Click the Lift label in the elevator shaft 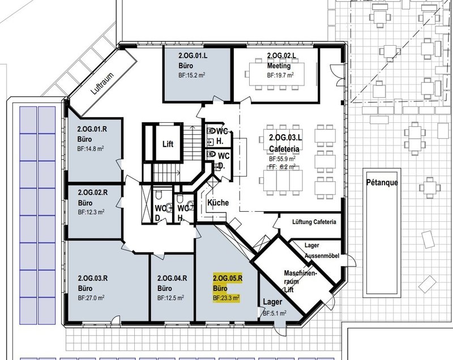pyautogui.click(x=168, y=144)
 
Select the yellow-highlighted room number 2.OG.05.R pyautogui.click(x=228, y=278)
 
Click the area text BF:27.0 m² pyautogui.click(x=91, y=298)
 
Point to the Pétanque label pyautogui.click(x=382, y=182)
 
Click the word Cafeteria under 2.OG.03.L pyautogui.click(x=284, y=149)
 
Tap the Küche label pyautogui.click(x=218, y=203)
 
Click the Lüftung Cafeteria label pyautogui.click(x=314, y=222)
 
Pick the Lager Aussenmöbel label pyautogui.click(x=322, y=251)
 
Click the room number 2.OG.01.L pyautogui.click(x=193, y=55)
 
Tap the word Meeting pyautogui.click(x=279, y=66)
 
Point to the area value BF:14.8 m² pyautogui.click(x=91, y=149)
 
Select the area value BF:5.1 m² pyautogui.click(x=275, y=313)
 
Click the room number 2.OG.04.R pyautogui.click(x=172, y=278)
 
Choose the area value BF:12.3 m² pyautogui.click(x=91, y=212)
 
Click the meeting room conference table pyautogui.click(x=276, y=74)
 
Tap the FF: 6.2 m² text pyautogui.click(x=282, y=166)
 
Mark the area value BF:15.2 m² pyautogui.click(x=192, y=75)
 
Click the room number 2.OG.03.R pyautogui.click(x=93, y=278)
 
